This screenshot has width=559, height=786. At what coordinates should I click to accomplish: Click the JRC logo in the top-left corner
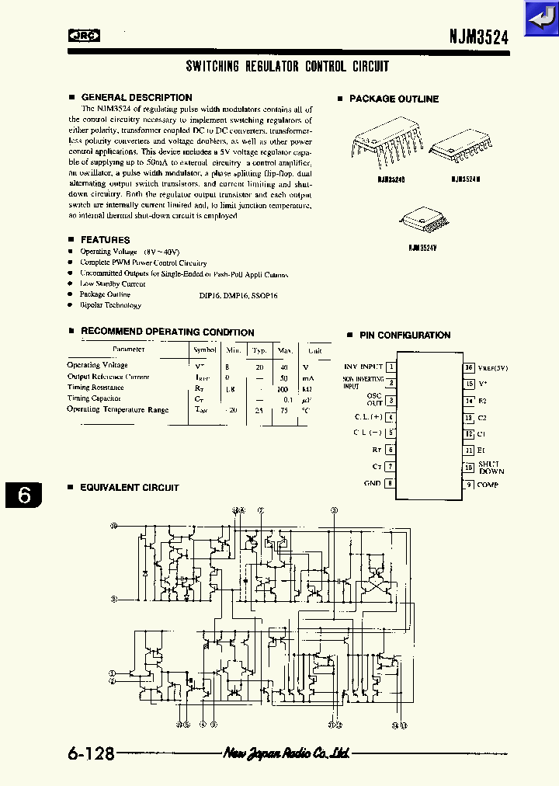tap(85, 34)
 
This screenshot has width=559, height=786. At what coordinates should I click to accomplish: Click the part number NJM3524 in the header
tap(478, 36)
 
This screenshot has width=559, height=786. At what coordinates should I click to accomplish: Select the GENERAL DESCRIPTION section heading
tap(136, 97)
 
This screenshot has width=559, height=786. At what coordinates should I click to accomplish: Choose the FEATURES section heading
tap(105, 240)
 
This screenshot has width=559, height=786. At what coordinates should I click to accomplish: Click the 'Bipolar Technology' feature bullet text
tap(110, 305)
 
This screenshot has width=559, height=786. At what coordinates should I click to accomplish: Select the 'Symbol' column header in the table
tap(204, 350)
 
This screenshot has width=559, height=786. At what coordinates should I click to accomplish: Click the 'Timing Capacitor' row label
tap(94, 398)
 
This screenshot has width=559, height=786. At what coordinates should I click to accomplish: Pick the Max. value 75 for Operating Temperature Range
tap(284, 409)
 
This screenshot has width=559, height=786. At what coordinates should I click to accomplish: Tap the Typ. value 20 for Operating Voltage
tap(259, 365)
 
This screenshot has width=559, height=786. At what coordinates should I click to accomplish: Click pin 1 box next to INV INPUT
tap(391, 367)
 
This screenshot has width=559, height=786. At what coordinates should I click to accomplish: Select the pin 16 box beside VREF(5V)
tap(469, 367)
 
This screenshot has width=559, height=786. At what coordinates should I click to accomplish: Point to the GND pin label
tap(372, 483)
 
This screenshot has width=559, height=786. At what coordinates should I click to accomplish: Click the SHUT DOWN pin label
tap(491, 468)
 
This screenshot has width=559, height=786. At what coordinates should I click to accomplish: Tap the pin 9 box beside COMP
tap(469, 485)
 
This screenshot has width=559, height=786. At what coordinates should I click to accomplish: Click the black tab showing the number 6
tap(25, 495)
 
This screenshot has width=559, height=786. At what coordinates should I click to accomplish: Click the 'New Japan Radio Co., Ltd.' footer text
tap(286, 753)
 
